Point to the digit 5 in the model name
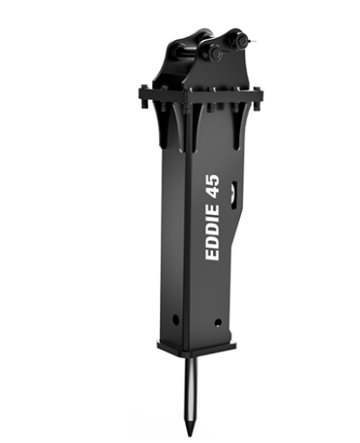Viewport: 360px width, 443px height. [x=213, y=179]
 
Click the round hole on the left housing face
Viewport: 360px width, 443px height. [x=176, y=320]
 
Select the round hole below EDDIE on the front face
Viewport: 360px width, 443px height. [x=218, y=323]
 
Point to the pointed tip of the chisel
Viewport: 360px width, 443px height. [x=190, y=435]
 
